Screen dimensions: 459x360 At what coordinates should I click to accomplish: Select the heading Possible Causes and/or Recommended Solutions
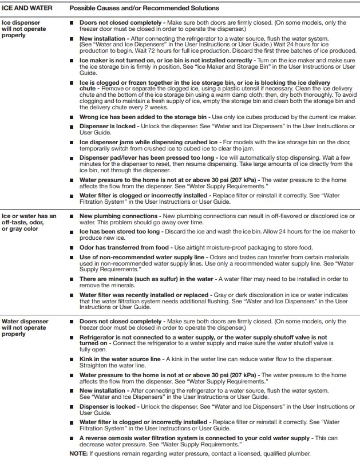[x=144, y=8]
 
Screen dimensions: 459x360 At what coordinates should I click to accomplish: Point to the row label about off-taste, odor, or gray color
[x=29, y=222]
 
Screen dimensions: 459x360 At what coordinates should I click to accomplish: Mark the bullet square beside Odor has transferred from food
[x=72, y=247]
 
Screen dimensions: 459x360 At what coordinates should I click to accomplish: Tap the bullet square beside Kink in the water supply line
[x=72, y=359]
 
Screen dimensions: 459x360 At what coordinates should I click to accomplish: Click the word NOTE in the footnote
[x=78, y=453]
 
